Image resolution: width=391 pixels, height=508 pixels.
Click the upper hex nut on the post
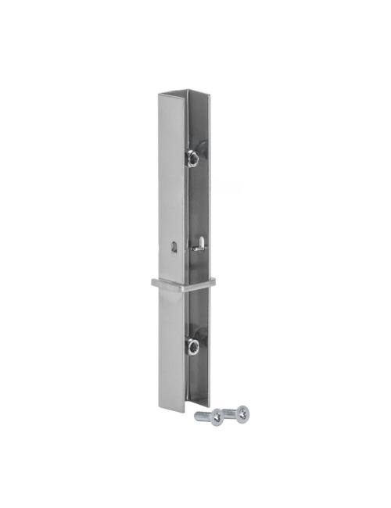click(x=192, y=159)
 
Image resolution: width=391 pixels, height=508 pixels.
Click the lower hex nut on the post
click(x=192, y=345)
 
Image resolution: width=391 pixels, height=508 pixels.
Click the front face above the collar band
click(x=172, y=188)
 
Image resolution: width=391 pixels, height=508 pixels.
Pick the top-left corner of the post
click(x=159, y=94)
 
